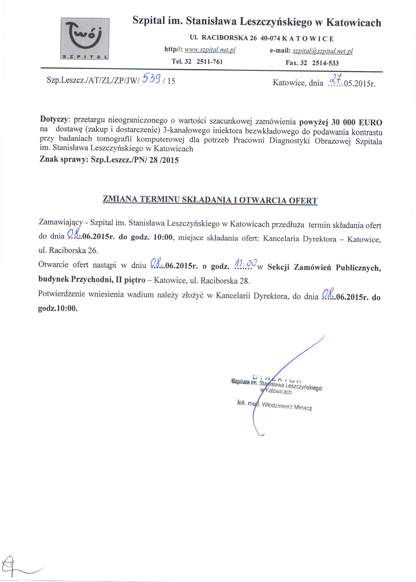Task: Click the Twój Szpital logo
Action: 85,39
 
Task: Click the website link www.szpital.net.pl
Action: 210,50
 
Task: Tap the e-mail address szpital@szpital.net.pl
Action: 322,51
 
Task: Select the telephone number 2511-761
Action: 209,62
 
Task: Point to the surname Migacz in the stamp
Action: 303,407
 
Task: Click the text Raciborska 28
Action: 225,281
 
